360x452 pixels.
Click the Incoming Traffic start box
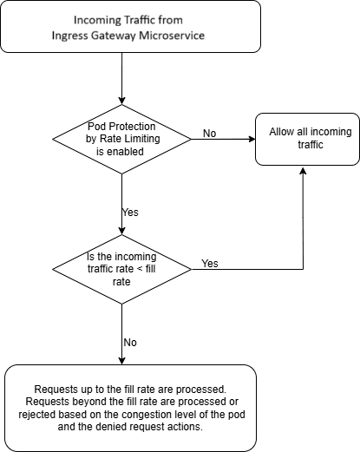click(x=131, y=27)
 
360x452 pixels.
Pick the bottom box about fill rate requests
click(x=131, y=408)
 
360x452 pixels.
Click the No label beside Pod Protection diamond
click(x=209, y=133)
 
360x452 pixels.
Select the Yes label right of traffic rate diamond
click(x=209, y=263)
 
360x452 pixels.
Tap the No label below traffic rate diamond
click(x=130, y=342)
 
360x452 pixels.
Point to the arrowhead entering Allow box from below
click(x=302, y=172)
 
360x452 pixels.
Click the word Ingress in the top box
click(x=71, y=35)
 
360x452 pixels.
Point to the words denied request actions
click(x=156, y=428)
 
